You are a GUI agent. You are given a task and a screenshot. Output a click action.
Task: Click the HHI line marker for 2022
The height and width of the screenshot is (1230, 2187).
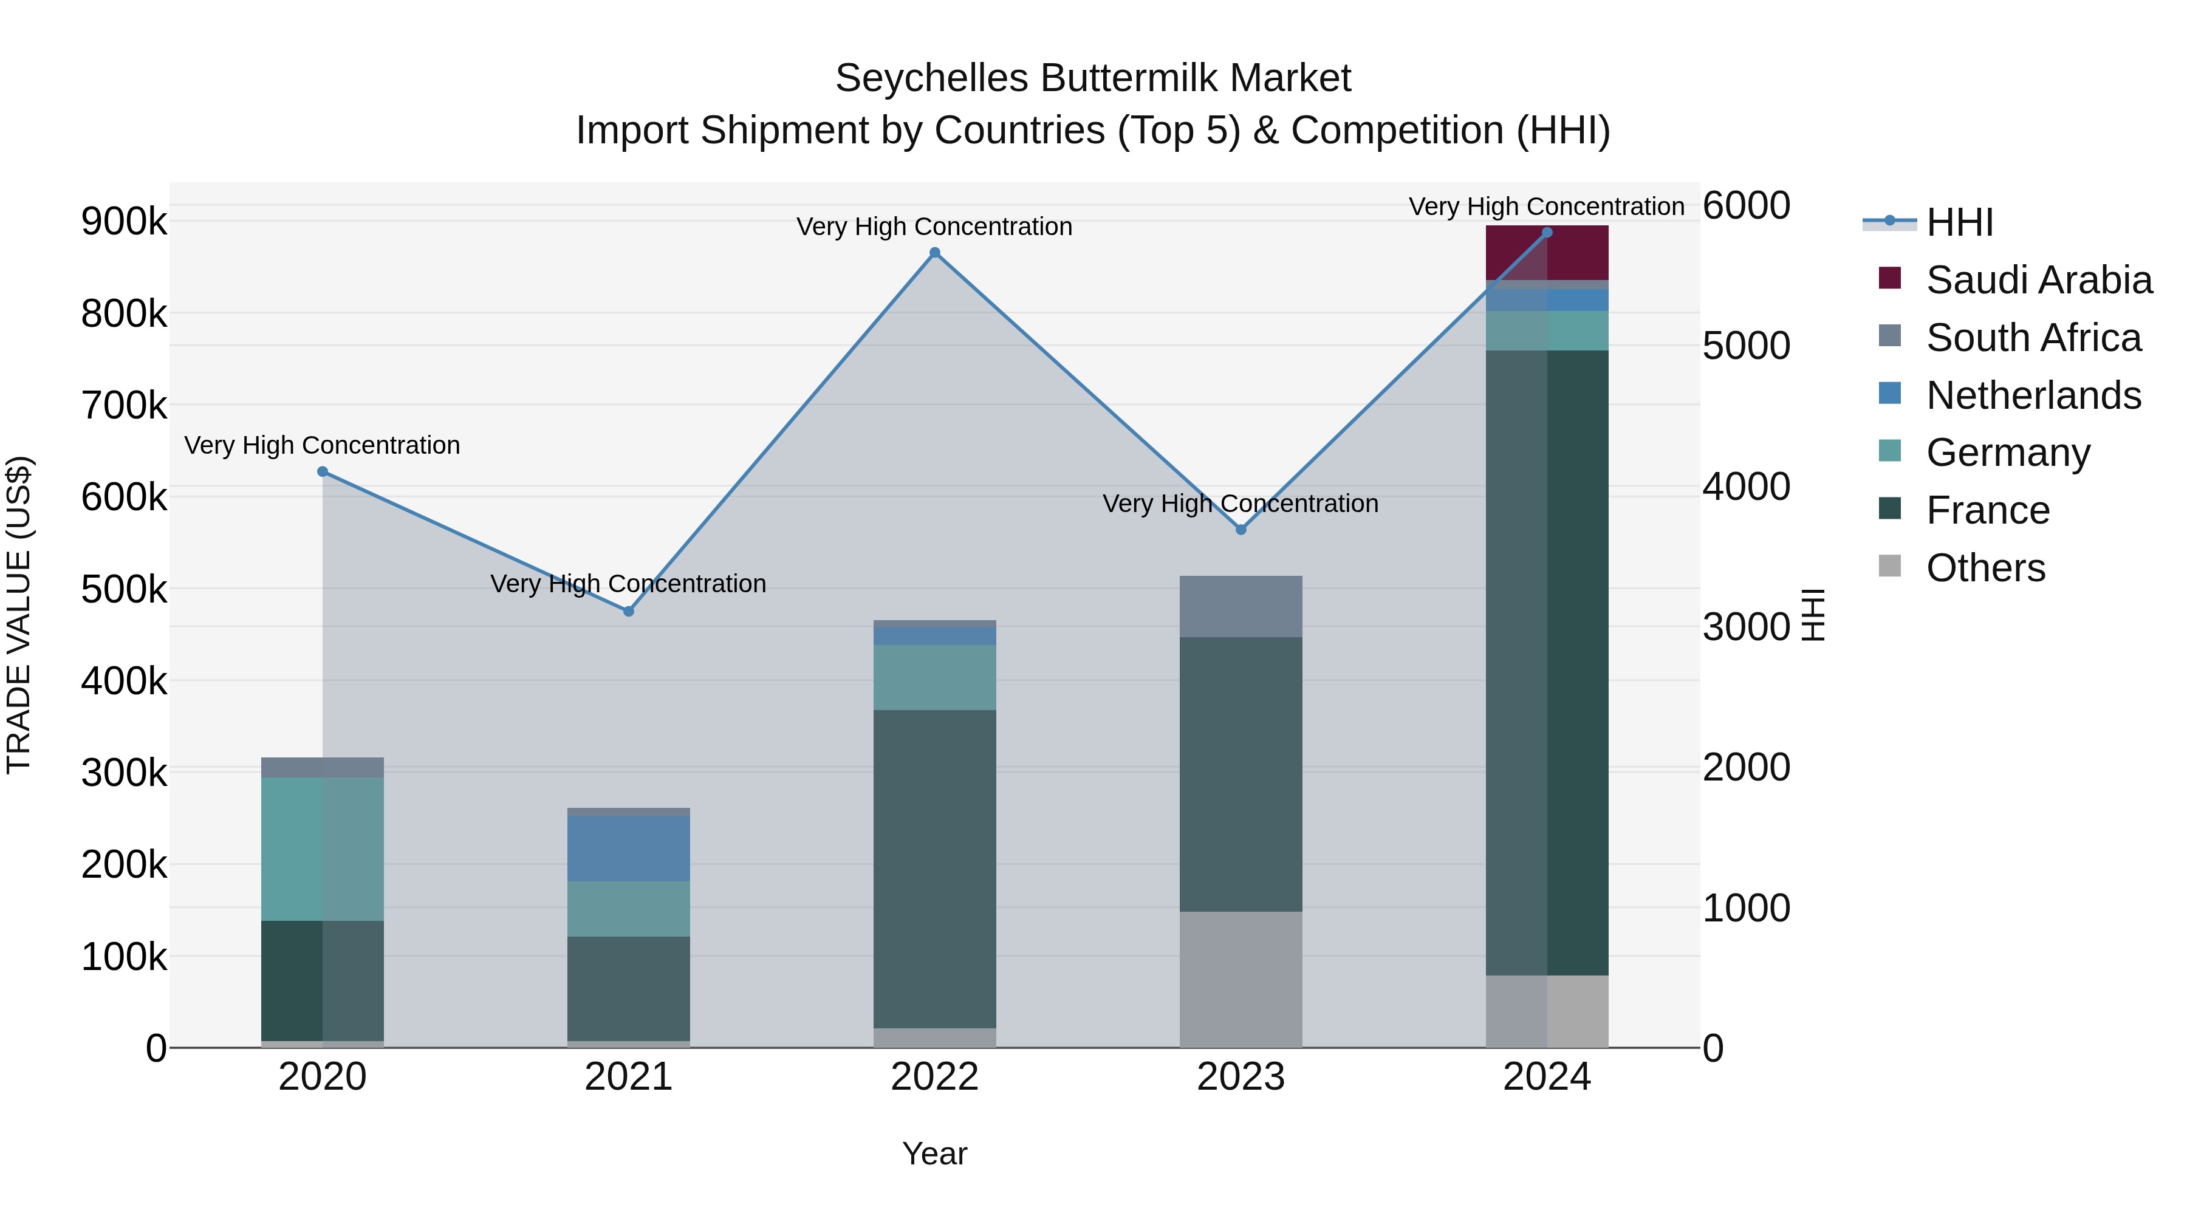tap(935, 252)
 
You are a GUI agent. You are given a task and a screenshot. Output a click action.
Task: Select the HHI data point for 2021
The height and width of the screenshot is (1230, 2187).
tap(628, 611)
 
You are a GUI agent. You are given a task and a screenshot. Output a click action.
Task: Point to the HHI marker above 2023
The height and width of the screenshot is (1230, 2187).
tap(1241, 529)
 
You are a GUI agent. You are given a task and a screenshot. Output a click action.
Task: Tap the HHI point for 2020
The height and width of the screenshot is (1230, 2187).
tap(323, 471)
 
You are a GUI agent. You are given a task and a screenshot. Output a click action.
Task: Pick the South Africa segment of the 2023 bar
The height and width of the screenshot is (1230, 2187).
tap(1241, 606)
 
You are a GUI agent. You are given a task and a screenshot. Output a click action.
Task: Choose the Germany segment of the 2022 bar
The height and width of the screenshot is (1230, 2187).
tap(935, 677)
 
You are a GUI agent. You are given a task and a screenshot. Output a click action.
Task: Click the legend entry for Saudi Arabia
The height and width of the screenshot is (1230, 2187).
tap(2038, 280)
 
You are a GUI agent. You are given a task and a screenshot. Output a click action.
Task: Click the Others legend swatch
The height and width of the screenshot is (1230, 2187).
tap(1890, 566)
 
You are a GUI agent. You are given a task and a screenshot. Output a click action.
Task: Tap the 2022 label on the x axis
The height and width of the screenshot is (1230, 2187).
tap(935, 1077)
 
